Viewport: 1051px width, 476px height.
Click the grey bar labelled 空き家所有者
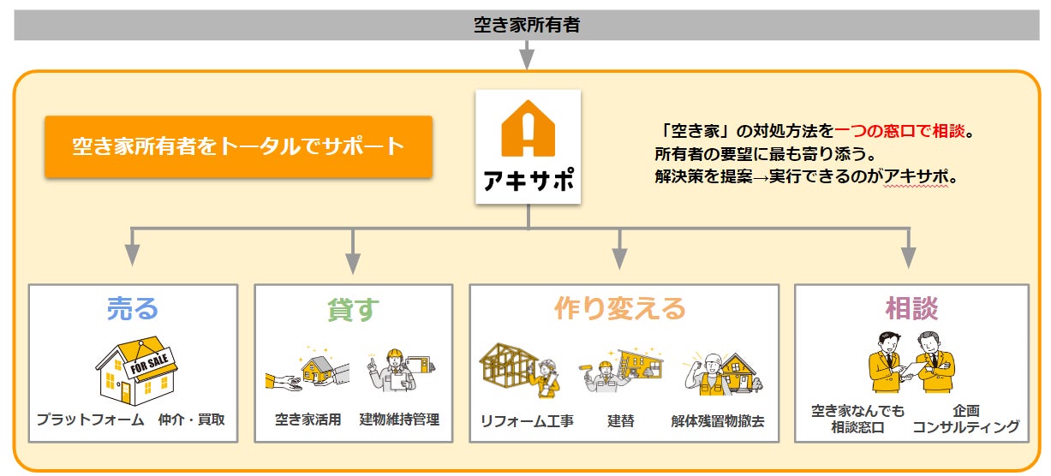click(x=526, y=25)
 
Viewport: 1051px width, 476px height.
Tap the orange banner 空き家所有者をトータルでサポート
click(x=238, y=146)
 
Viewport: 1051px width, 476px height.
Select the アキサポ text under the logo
click(x=528, y=181)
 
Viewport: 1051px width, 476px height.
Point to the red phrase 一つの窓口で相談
click(x=899, y=132)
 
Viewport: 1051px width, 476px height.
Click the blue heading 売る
click(x=133, y=308)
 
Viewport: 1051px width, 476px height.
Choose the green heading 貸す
click(x=353, y=309)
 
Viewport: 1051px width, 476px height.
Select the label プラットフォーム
click(x=90, y=419)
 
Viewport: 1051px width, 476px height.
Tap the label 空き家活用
click(x=308, y=419)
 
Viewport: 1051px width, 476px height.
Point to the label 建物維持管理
click(x=399, y=419)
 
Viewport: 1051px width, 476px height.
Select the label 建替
click(x=620, y=420)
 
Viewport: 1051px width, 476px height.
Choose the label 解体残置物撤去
click(x=718, y=420)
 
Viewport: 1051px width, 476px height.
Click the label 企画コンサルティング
click(x=966, y=419)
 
